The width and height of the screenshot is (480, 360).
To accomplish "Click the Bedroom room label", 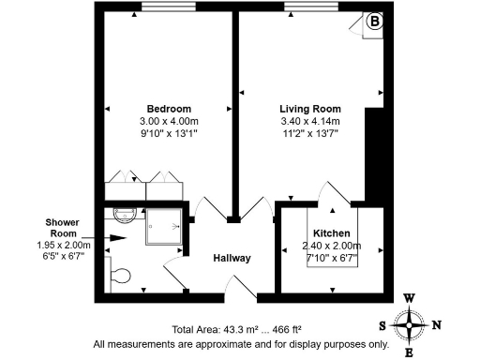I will coord(169,108).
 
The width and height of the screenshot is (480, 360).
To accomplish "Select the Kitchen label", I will coord(331,232).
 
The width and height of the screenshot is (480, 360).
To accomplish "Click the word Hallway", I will coord(232,259).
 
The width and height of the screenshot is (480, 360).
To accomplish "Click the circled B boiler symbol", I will coord(374,21).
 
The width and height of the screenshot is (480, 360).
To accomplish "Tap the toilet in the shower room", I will coord(119,276).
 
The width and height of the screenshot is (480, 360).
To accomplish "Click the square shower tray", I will coord(164,228).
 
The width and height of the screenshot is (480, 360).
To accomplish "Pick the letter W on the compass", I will coord(410,299).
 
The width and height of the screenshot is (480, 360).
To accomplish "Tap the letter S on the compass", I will coord(382,326).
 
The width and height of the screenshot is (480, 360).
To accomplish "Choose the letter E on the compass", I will coord(411,352).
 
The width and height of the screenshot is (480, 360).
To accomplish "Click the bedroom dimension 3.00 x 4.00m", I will coord(169,121).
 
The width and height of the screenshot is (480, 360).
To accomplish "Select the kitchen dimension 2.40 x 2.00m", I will coord(331,246).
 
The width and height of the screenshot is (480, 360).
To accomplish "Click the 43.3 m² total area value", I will coord(241,330).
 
